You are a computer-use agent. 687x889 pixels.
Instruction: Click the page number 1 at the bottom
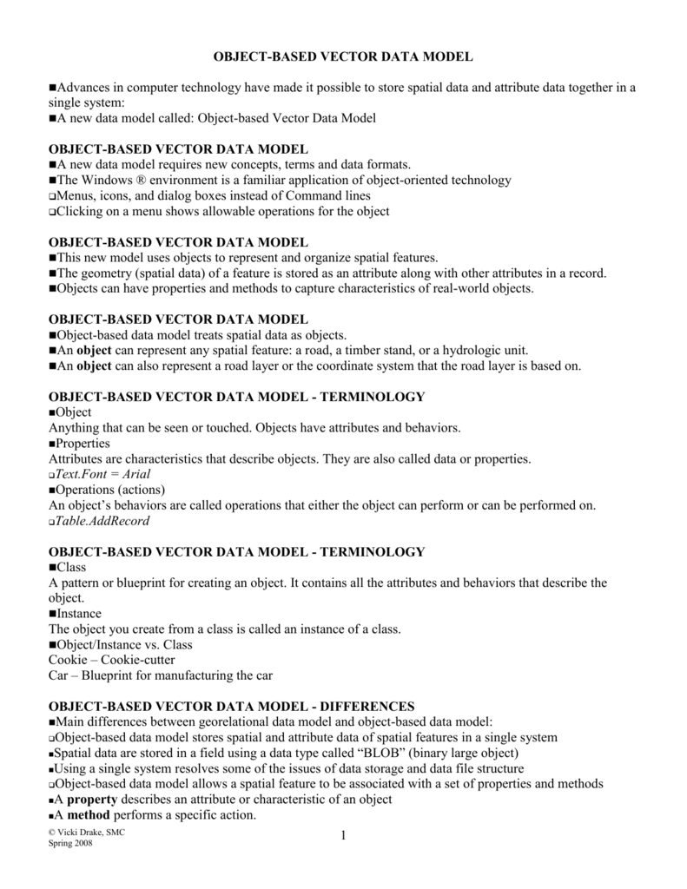(x=344, y=835)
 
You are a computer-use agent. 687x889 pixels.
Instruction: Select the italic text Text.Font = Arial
(x=102, y=474)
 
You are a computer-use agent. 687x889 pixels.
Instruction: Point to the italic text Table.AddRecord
(x=102, y=521)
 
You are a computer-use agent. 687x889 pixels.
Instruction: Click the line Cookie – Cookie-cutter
(x=111, y=660)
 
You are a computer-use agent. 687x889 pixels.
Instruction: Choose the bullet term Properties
(x=86, y=443)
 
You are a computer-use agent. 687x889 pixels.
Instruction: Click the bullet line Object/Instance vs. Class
(x=124, y=644)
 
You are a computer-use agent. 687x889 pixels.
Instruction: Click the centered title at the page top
(x=343, y=56)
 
